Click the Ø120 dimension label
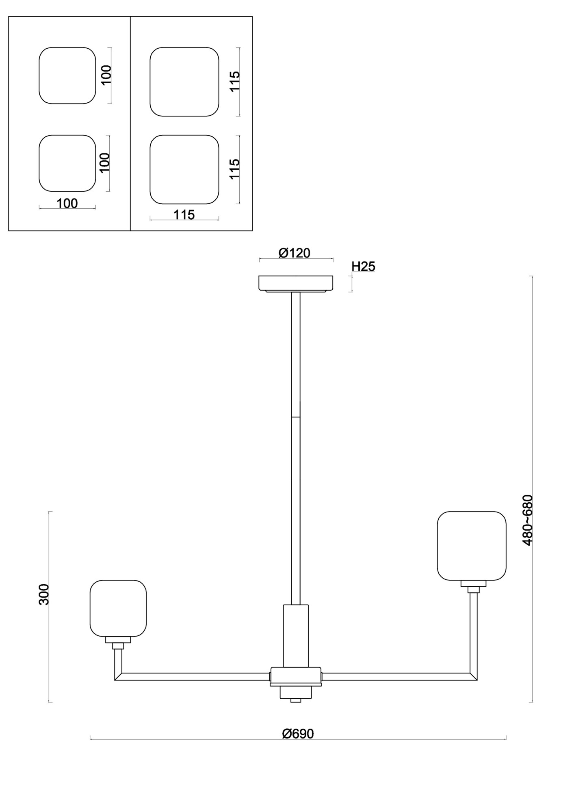click(294, 253)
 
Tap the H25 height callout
click(363, 267)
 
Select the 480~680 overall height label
click(527, 520)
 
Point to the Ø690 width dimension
click(298, 734)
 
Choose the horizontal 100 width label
click(67, 203)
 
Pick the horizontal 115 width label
click(184, 215)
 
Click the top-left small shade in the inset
click(67, 76)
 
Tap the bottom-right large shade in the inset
click(184, 169)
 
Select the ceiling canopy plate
click(296, 283)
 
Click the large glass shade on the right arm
click(471, 546)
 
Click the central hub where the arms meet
click(296, 676)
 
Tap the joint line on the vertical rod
click(296, 417)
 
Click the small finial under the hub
click(296, 701)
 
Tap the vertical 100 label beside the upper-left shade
click(106, 75)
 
